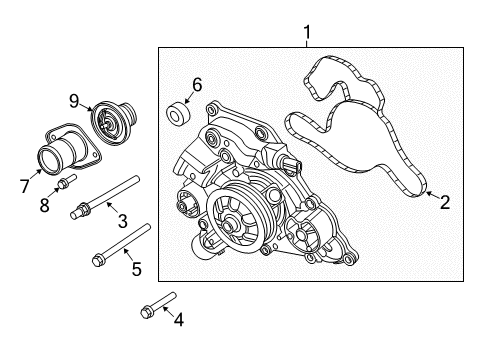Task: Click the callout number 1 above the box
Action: [307, 32]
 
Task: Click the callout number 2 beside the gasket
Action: [445, 203]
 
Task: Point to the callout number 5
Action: [137, 267]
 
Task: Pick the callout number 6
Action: [196, 86]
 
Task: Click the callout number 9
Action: [74, 99]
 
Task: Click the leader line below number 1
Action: [307, 43]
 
